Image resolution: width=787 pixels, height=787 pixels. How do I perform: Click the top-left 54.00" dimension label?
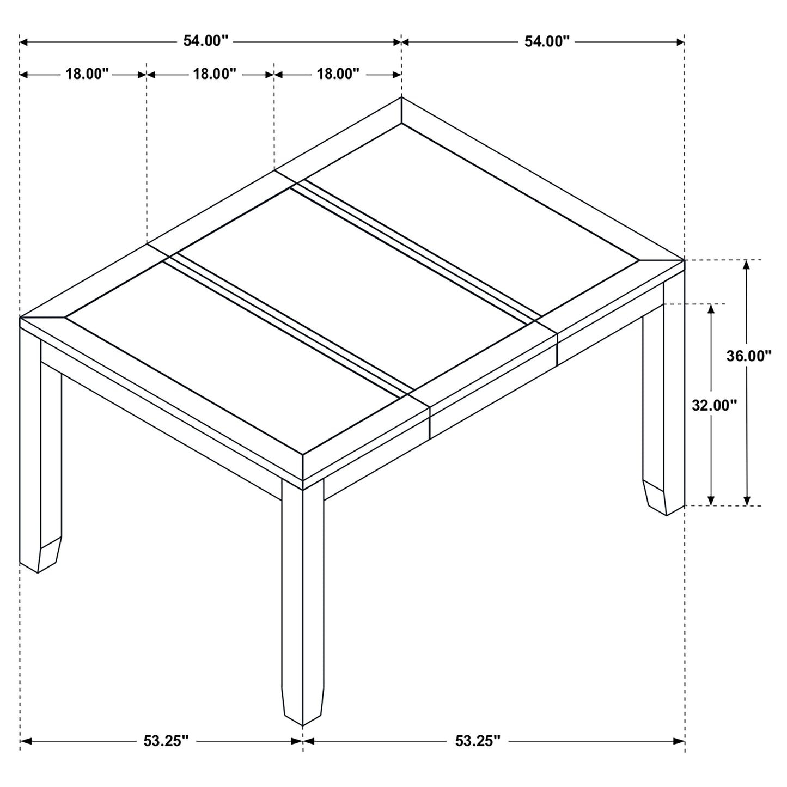[x=205, y=41]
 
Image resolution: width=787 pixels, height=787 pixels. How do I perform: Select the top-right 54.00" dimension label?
[x=546, y=41]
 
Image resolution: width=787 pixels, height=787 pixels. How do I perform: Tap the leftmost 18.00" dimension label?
[x=88, y=74]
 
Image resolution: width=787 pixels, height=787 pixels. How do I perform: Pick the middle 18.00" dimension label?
[x=215, y=74]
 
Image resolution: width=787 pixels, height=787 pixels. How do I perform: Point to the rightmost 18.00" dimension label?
[x=338, y=74]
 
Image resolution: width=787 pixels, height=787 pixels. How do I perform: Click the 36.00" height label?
[x=749, y=356]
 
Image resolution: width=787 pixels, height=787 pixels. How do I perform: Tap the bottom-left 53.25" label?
[x=166, y=741]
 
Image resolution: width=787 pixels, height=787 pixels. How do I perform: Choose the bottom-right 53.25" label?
[x=478, y=741]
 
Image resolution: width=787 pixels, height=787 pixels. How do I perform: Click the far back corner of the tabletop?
[x=401, y=97]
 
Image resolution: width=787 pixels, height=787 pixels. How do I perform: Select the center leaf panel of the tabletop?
[x=354, y=289]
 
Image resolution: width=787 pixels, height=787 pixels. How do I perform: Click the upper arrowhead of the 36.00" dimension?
[x=747, y=265]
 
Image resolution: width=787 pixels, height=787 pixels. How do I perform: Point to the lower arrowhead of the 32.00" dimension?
[x=710, y=501]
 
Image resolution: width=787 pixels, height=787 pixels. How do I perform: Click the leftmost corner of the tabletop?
[x=21, y=316]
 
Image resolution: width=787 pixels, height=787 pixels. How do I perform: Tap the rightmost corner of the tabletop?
[x=684, y=260]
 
